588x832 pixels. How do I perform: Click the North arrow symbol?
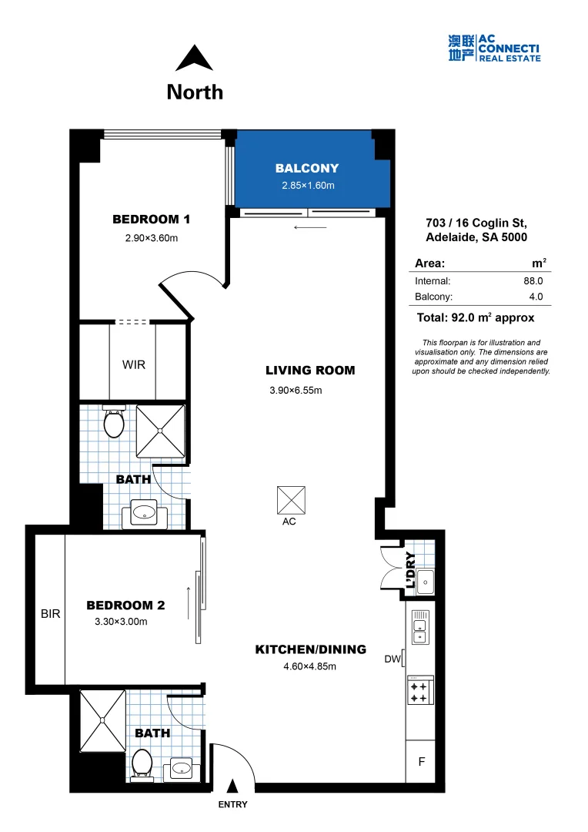(195, 59)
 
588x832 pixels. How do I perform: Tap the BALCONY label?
(307, 168)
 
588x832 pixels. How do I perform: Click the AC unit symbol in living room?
(290, 500)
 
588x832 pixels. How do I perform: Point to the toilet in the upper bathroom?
(114, 422)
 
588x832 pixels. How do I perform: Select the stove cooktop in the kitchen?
(420, 689)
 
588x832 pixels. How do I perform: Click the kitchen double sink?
(419, 626)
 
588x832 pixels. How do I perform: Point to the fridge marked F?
(421, 762)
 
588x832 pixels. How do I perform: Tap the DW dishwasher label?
(393, 659)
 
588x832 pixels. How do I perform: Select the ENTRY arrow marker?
(232, 786)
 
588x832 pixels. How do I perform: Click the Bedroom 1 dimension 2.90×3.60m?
(152, 238)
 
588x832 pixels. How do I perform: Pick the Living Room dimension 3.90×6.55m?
(296, 391)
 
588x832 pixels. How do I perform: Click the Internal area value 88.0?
(533, 281)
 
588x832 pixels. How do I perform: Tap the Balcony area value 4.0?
(536, 296)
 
